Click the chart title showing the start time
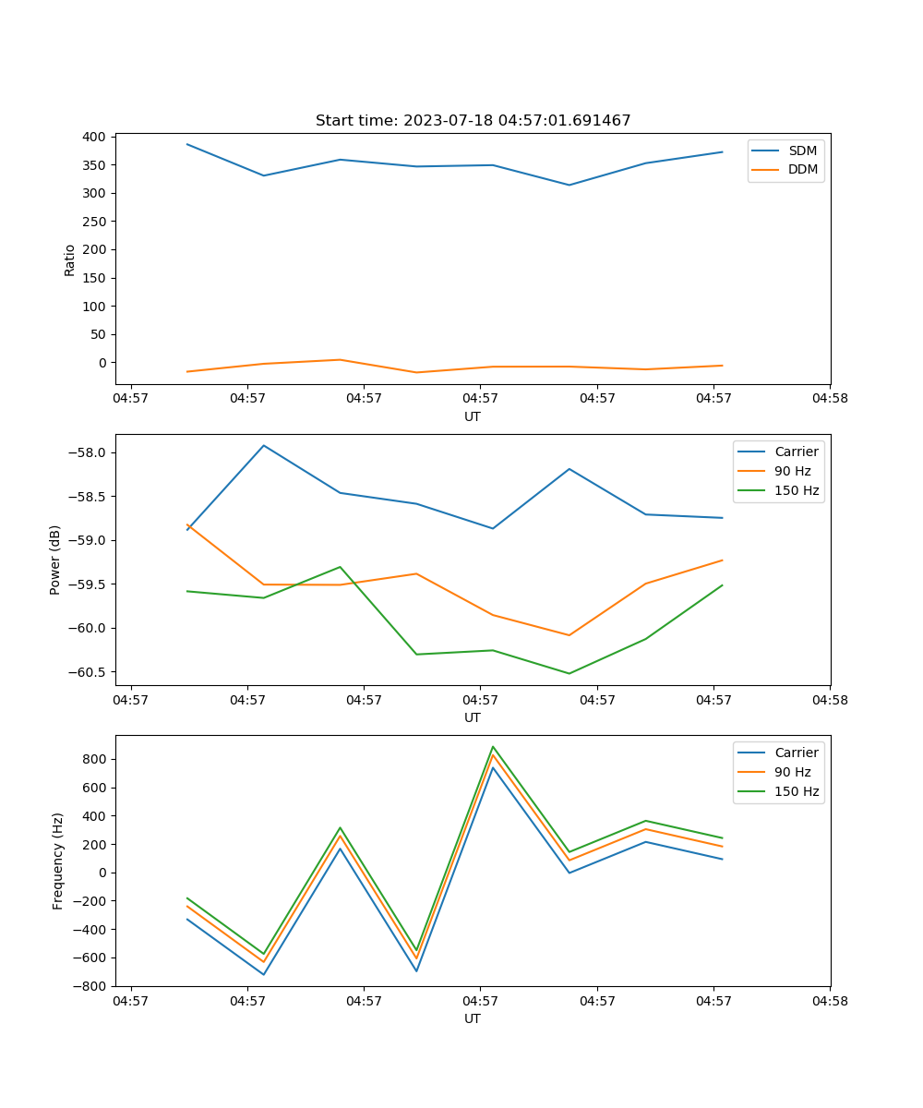[x=473, y=121]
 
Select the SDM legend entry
[x=802, y=151]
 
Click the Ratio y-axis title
[x=70, y=259]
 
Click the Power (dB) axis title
[x=55, y=560]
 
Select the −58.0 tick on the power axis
[x=89, y=452]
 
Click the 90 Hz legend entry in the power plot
[x=792, y=471]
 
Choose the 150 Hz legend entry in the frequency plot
[x=797, y=792]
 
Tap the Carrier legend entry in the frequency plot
[x=796, y=753]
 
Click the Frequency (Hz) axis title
[x=58, y=861]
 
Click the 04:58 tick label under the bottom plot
[x=830, y=1000]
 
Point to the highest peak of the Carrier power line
[x=264, y=445]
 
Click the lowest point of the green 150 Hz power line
[x=569, y=673]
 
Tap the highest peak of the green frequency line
[x=493, y=746]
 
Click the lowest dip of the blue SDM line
[x=569, y=185]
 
